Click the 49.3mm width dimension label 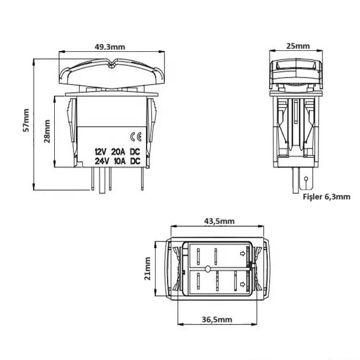click(111, 47)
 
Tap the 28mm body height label click(48, 131)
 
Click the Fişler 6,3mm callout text click(326, 197)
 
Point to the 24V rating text click(101, 161)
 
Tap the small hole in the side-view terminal click(306, 180)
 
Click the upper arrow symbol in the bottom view click(242, 252)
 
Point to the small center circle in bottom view click(207, 269)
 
